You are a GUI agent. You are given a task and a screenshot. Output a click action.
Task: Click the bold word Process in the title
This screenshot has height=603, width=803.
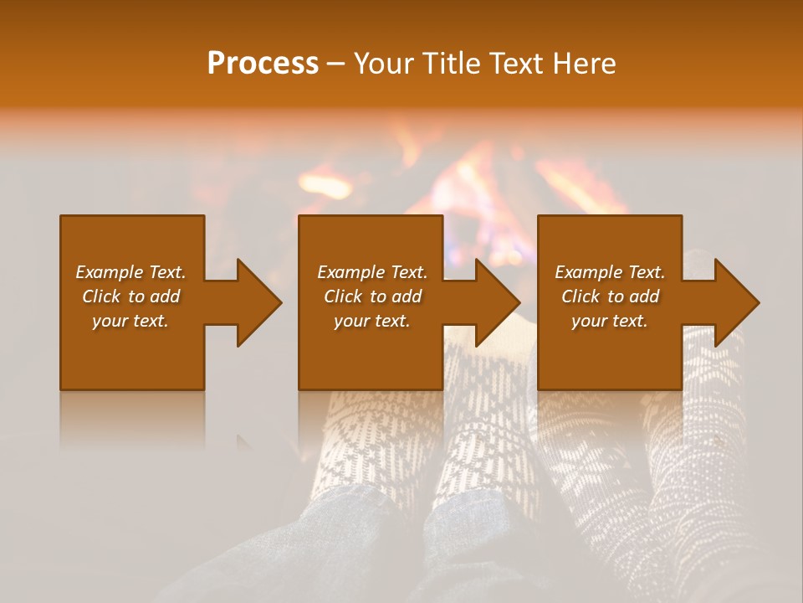tap(263, 64)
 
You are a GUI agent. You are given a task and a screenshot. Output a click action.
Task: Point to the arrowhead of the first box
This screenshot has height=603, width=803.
tap(258, 302)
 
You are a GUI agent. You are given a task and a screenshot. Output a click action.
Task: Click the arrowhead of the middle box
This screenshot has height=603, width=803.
tap(498, 302)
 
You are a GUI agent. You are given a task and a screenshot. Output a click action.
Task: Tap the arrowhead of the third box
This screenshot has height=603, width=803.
tap(737, 302)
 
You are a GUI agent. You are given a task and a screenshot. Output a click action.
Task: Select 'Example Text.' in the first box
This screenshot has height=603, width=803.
tap(130, 272)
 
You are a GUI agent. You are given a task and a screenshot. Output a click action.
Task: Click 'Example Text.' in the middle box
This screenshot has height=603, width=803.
tap(372, 272)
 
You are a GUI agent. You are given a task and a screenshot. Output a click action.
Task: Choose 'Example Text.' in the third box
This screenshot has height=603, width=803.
tap(610, 272)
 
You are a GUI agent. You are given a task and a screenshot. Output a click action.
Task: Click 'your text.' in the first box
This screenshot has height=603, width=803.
tap(130, 321)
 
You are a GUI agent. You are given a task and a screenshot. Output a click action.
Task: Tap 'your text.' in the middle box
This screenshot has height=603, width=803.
tap(372, 321)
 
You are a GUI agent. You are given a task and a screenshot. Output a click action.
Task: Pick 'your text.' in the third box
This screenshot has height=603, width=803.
tap(610, 321)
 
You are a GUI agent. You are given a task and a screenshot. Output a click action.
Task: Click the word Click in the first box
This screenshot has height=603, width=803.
tap(102, 296)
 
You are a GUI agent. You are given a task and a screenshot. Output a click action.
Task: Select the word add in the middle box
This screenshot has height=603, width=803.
tap(407, 296)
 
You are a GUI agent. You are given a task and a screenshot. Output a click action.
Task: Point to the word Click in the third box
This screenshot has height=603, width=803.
tap(581, 296)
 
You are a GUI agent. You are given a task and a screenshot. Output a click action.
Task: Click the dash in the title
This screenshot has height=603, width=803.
tap(336, 64)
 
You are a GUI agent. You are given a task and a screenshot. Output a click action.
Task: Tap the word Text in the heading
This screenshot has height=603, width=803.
tap(515, 64)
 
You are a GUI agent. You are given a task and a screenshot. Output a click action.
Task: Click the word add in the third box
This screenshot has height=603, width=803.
tap(644, 296)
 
